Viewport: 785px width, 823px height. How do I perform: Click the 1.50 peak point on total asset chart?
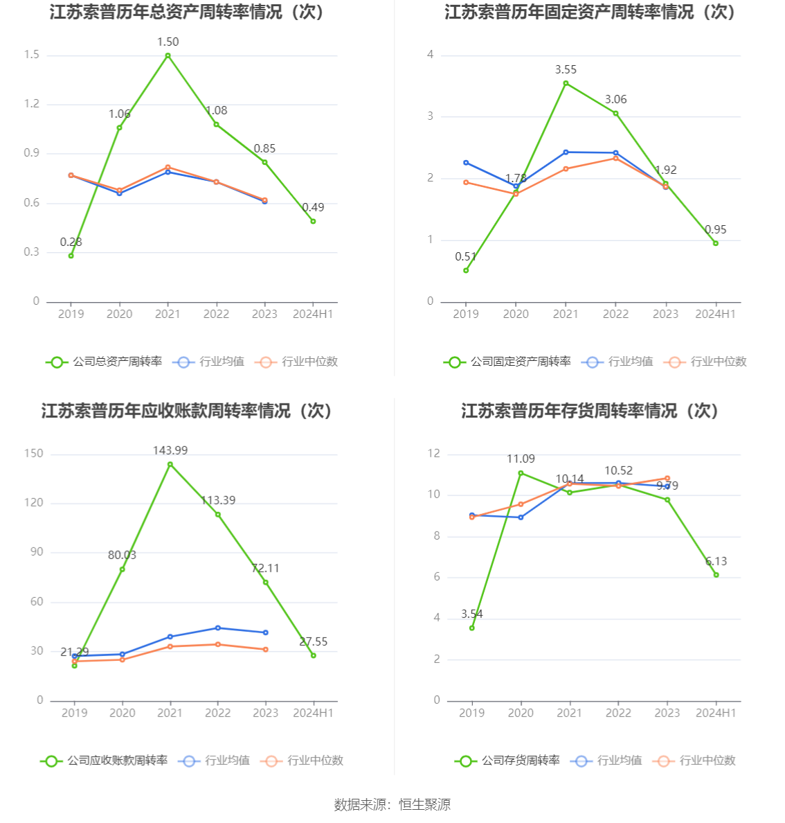[x=168, y=55]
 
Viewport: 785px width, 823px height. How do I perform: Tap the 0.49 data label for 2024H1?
[x=313, y=207]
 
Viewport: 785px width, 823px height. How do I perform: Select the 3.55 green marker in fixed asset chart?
[x=566, y=83]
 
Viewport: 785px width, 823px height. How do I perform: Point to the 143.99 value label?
[x=170, y=450]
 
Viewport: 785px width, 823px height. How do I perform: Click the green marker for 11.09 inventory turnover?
[x=521, y=473]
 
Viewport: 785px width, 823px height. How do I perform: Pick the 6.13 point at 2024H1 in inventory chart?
[x=716, y=575]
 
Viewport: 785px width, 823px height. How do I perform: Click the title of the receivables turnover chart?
[x=188, y=411]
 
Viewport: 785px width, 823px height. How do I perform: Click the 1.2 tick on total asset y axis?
[x=32, y=104]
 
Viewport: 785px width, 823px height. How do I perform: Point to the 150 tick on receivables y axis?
[x=33, y=454]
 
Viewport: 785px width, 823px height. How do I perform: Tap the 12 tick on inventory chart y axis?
[x=434, y=454]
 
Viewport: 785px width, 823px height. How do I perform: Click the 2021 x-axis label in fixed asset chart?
[x=566, y=314]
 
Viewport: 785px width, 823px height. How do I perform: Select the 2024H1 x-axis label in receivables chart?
[x=313, y=713]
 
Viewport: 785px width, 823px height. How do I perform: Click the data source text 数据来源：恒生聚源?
[x=392, y=804]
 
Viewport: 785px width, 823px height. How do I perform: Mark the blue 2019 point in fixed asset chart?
[x=466, y=163]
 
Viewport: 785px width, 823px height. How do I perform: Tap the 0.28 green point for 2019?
[x=71, y=256]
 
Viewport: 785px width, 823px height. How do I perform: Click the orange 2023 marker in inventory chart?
[x=667, y=479]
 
